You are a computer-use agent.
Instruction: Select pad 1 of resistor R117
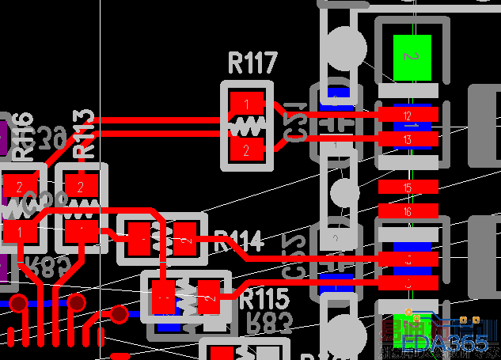tap(247, 104)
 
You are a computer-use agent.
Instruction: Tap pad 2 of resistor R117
tap(247, 149)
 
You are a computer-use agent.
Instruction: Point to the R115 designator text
tap(264, 299)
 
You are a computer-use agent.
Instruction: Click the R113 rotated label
tap(84, 136)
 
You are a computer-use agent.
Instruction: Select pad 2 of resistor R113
tap(80, 187)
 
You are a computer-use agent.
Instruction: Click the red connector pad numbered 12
tap(407, 115)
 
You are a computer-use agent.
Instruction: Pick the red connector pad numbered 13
tap(407, 139)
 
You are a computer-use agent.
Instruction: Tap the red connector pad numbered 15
tap(407, 188)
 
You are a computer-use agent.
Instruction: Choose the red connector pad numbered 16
tap(407, 211)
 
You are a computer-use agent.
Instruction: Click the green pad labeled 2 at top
tap(412, 57)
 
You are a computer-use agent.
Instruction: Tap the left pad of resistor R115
tap(164, 298)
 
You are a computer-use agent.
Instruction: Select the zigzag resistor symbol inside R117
tap(247, 127)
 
